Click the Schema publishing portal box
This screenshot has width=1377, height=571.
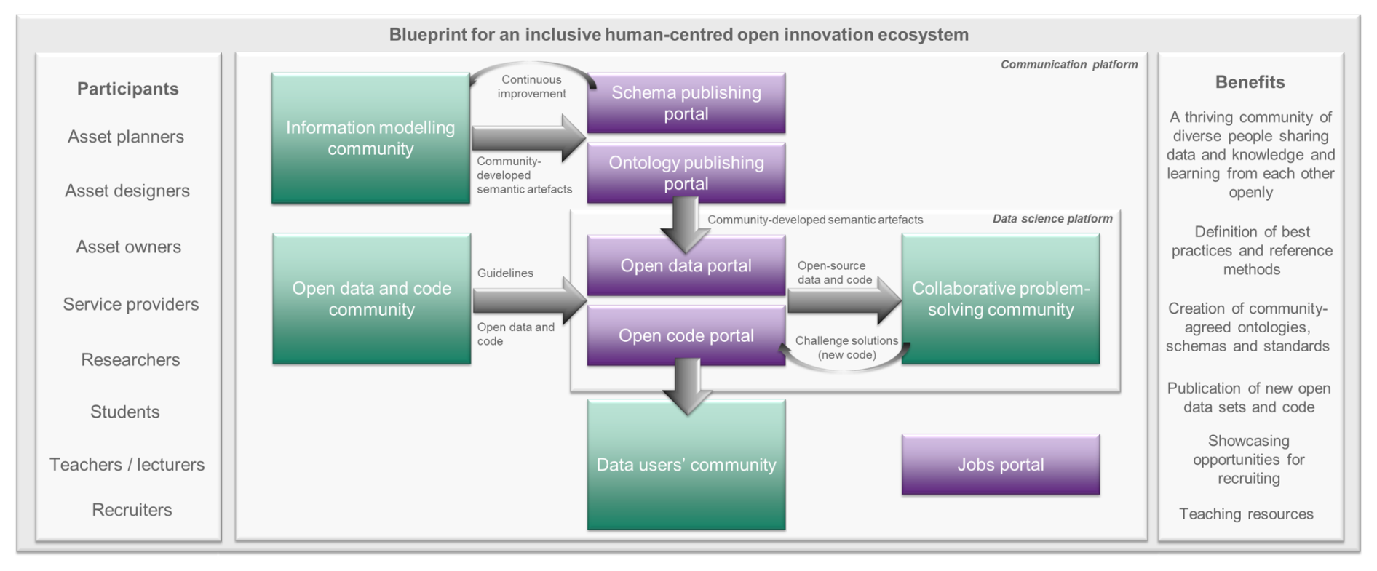pyautogui.click(x=686, y=103)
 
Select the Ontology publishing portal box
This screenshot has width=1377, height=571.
pyautogui.click(x=686, y=173)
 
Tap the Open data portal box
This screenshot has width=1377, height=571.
pyautogui.click(x=686, y=265)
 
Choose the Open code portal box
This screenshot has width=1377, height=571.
pyautogui.click(x=686, y=335)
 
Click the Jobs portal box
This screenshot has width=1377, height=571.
pyautogui.click(x=1001, y=465)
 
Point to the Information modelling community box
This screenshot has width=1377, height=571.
pyautogui.click(x=370, y=138)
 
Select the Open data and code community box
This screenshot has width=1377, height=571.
pyautogui.click(x=372, y=299)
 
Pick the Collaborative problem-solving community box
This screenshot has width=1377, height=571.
pyautogui.click(x=1001, y=299)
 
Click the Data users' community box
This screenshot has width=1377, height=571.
pyautogui.click(x=686, y=465)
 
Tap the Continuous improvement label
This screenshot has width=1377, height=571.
pyautogui.click(x=532, y=87)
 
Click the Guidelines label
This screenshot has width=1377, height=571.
pyautogui.click(x=505, y=273)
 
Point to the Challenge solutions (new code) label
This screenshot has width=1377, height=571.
pyautogui.click(x=846, y=348)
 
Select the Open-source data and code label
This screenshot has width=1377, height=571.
pyautogui.click(x=834, y=273)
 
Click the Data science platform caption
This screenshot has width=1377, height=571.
pyautogui.click(x=1052, y=219)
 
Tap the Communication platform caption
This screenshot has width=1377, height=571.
pyautogui.click(x=1069, y=65)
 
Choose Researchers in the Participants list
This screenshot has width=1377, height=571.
pyautogui.click(x=130, y=359)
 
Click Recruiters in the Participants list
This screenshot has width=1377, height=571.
pyautogui.click(x=132, y=510)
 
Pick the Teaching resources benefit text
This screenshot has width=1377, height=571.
pyautogui.click(x=1246, y=514)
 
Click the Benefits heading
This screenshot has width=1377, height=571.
pyautogui.click(x=1250, y=82)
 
